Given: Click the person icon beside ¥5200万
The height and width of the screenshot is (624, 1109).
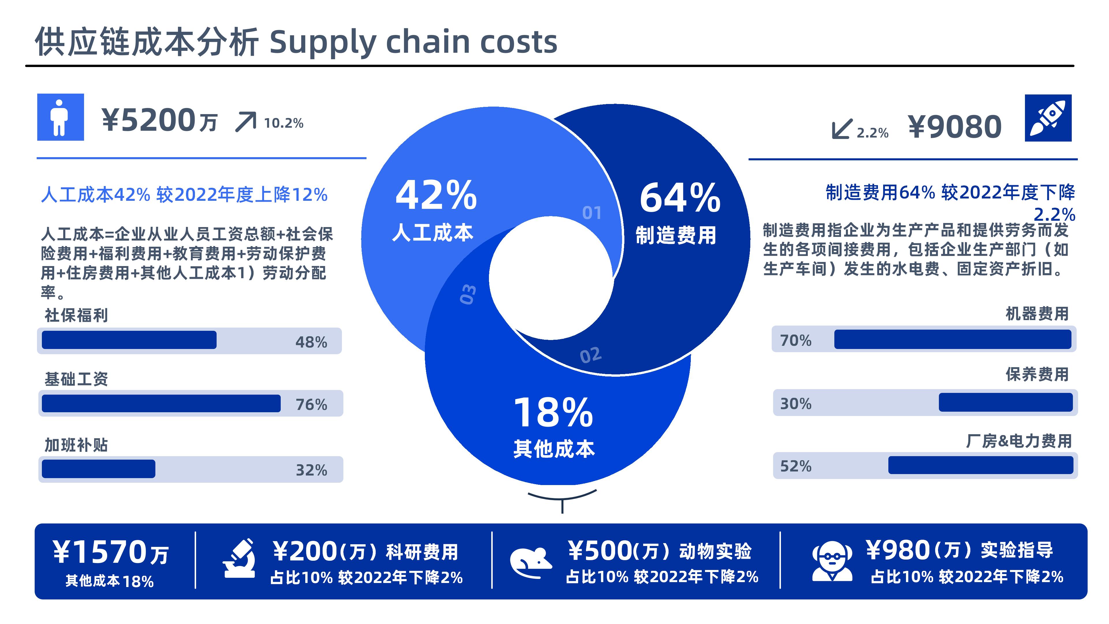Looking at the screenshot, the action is coord(59,118).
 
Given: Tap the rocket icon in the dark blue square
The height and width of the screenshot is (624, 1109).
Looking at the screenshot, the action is coord(1048,118).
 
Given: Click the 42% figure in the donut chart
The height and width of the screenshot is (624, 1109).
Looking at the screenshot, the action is coord(436,195).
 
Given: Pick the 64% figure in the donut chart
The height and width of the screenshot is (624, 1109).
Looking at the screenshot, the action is coord(680,198).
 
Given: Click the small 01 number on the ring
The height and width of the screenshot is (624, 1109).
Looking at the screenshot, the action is coord(592,213).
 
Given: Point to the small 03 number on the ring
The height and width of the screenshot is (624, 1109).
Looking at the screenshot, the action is coord(468,294).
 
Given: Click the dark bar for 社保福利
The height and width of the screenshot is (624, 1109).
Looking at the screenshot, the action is coord(129,340).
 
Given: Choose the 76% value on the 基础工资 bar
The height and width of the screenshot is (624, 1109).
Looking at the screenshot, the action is coord(311,405).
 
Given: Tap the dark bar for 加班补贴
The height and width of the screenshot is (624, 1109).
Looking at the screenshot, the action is coord(98,469).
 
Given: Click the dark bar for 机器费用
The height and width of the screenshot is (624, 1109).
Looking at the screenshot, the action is coord(953,339).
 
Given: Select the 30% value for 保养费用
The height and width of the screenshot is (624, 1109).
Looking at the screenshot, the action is coord(796,404).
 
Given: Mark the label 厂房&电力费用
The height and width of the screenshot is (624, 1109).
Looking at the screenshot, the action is coord(1019,441).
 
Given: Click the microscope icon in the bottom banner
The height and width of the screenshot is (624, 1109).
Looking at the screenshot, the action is coord(239,558).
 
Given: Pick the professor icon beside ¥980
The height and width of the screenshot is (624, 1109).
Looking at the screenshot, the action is coord(832,561).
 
